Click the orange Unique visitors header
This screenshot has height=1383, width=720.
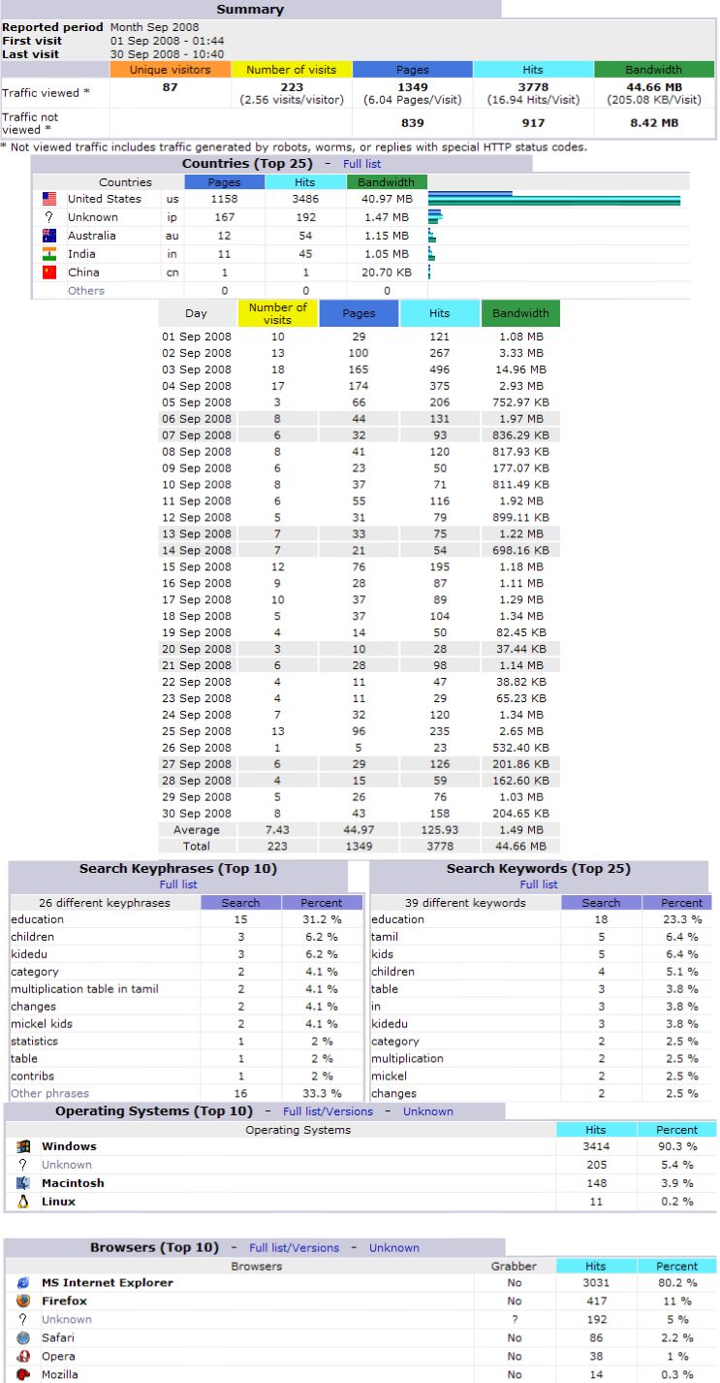tap(171, 70)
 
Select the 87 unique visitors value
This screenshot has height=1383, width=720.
tap(171, 87)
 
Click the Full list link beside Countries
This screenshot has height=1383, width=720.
tap(361, 164)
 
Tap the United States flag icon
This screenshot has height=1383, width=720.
tap(49, 199)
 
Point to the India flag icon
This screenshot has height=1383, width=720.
tap(49, 254)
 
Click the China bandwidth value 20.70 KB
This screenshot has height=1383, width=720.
tap(387, 273)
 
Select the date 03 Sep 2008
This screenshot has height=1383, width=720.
tap(197, 370)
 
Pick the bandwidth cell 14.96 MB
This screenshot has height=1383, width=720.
tap(519, 370)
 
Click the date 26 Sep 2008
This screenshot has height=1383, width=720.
tap(197, 748)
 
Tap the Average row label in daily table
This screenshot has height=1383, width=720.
tap(197, 830)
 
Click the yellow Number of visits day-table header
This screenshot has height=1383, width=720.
tap(277, 313)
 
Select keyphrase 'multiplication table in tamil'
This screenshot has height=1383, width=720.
tap(84, 989)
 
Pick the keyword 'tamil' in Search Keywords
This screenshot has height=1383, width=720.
tap(385, 937)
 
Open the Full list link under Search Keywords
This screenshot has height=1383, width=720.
tap(539, 884)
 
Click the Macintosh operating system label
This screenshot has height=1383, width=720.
tap(73, 1183)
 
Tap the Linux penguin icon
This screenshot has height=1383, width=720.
tap(23, 1202)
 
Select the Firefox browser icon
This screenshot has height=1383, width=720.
tap(23, 1302)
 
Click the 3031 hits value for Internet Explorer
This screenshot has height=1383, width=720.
tap(596, 1283)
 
